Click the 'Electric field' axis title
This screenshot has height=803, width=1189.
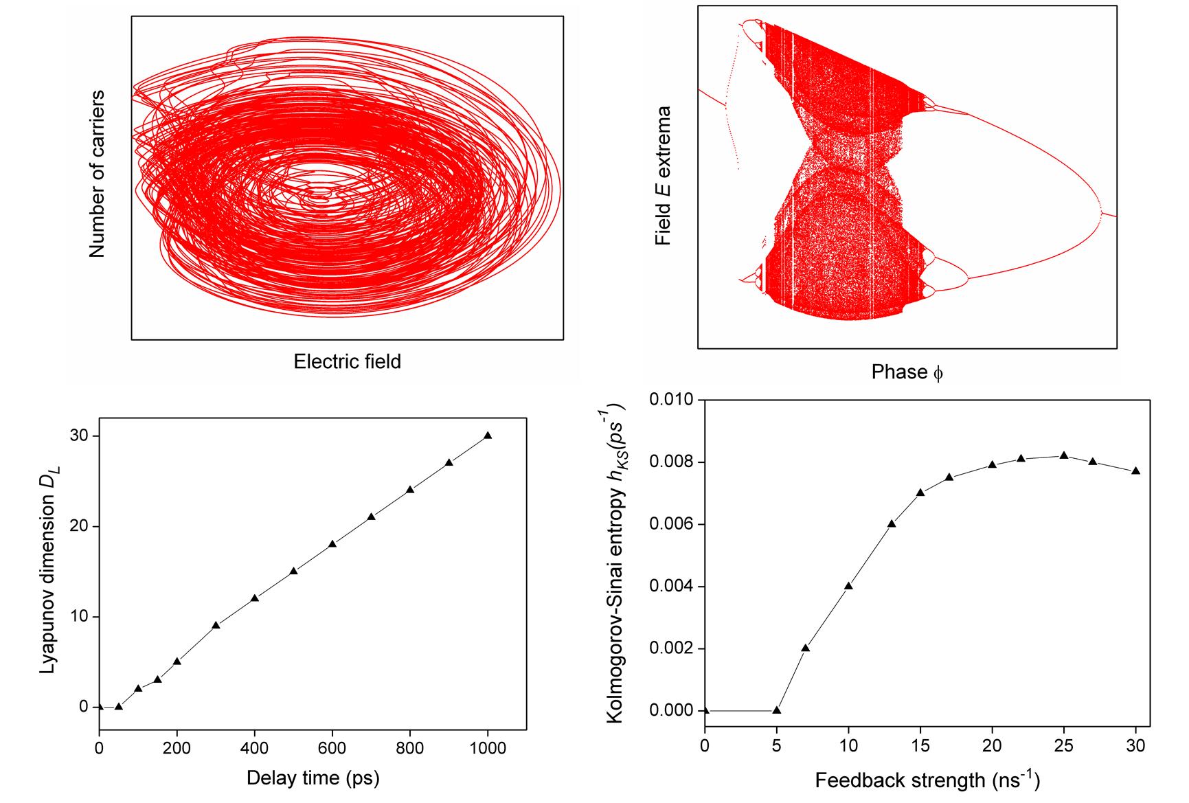[x=347, y=361]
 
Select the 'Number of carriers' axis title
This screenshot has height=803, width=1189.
[x=97, y=173]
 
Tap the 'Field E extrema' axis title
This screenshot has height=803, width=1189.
[x=664, y=176]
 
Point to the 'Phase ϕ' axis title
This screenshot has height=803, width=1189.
[x=907, y=372]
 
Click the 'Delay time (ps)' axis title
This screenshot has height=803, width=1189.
[x=313, y=778]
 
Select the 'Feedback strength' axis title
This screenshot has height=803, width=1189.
[x=927, y=781]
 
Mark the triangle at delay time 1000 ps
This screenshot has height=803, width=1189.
[x=488, y=436]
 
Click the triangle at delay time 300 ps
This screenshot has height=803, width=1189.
[x=216, y=625]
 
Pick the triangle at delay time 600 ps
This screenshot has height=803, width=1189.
[x=332, y=543]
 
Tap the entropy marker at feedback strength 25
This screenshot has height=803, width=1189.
[x=1064, y=455]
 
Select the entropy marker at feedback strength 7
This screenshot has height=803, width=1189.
[x=806, y=648]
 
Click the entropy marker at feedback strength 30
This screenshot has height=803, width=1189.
[x=1135, y=471]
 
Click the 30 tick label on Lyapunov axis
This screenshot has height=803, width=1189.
[x=80, y=436]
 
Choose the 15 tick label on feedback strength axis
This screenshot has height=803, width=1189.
[x=920, y=745]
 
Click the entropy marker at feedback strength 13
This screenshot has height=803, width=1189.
[x=892, y=523]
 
